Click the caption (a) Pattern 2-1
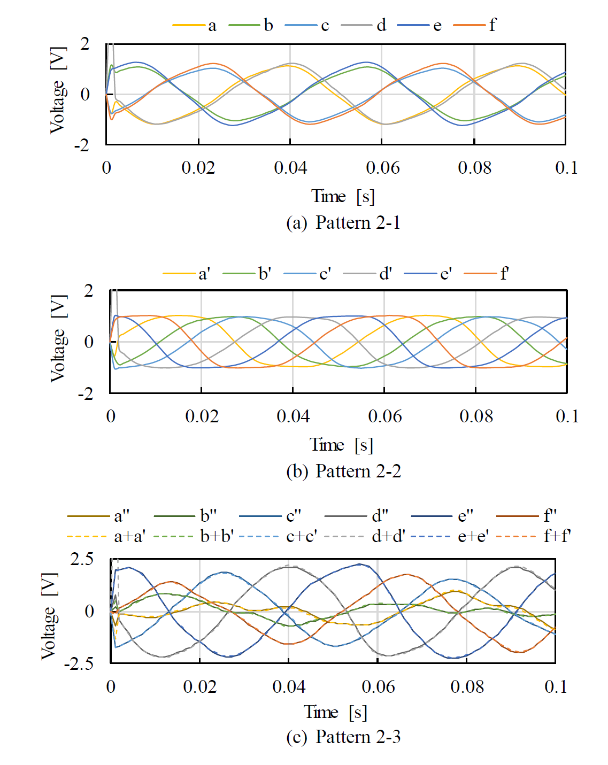point(343,222)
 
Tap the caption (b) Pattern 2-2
point(343,471)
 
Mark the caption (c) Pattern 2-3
point(343,737)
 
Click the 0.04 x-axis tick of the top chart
point(290,168)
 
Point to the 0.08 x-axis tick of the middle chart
point(476,416)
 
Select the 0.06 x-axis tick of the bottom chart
point(378,686)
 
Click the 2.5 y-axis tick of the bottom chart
point(82,559)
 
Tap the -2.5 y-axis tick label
point(79,664)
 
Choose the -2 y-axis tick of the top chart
point(82,145)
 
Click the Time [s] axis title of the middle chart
point(341,445)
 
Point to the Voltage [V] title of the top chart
point(57,90)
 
